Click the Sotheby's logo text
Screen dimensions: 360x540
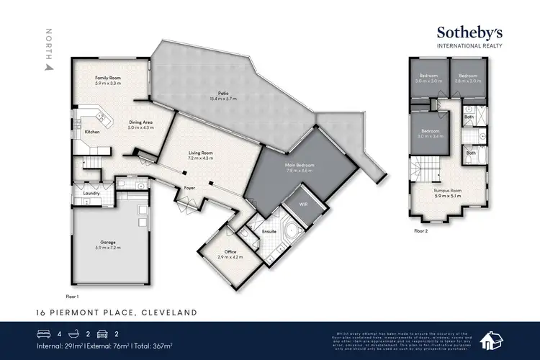pyautogui.click(x=470, y=33)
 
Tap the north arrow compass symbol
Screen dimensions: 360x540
pyautogui.click(x=49, y=67)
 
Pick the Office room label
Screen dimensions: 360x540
pyautogui.click(x=230, y=253)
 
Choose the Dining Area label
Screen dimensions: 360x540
pyautogui.click(x=140, y=124)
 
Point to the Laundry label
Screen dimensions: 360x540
pyautogui.click(x=91, y=193)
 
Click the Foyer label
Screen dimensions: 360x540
pyautogui.click(x=189, y=188)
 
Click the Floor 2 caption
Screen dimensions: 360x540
pyautogui.click(x=421, y=231)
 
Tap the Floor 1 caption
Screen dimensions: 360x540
pyautogui.click(x=71, y=295)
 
